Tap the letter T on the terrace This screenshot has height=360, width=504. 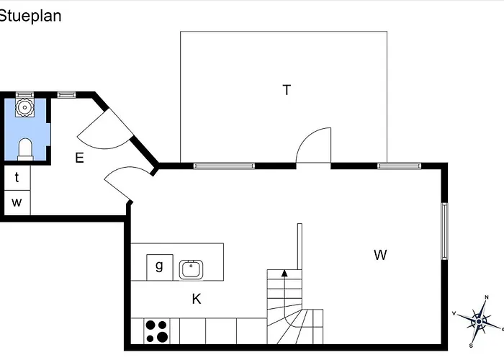click(x=287, y=90)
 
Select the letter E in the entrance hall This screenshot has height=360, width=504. click(x=79, y=158)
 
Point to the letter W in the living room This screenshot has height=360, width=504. click(x=380, y=254)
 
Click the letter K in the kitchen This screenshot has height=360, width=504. click(x=196, y=299)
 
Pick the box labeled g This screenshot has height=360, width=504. click(x=159, y=266)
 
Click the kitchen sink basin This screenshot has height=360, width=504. click(x=191, y=269)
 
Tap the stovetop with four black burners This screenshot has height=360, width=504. click(x=156, y=331)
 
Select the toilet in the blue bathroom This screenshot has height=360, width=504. click(x=25, y=148)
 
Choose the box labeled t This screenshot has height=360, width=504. click(x=17, y=177)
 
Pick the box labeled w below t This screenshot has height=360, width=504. click(x=17, y=202)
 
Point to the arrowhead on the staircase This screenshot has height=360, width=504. click(x=284, y=273)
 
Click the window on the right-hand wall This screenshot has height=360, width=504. click(x=444, y=230)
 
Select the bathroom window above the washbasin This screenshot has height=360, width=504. click(x=25, y=94)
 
